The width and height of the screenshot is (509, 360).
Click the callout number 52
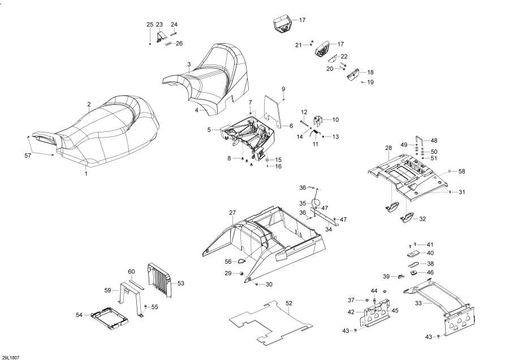tap(289, 303)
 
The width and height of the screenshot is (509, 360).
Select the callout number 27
tap(232, 213)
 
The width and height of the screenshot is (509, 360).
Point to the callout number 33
tap(419, 303)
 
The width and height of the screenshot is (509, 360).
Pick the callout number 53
tap(181, 284)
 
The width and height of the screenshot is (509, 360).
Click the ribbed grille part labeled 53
tap(159, 280)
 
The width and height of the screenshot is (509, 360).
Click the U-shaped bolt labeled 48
tap(420, 142)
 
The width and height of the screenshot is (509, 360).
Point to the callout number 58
tap(461, 171)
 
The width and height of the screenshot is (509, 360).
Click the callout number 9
tap(283, 89)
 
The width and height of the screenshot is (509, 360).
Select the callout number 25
tap(150, 25)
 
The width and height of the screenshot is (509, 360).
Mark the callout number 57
tap(28, 156)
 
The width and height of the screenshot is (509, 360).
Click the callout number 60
tap(131, 272)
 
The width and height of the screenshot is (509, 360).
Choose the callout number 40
tap(430, 253)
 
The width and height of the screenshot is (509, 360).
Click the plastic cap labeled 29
tap(241, 273)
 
